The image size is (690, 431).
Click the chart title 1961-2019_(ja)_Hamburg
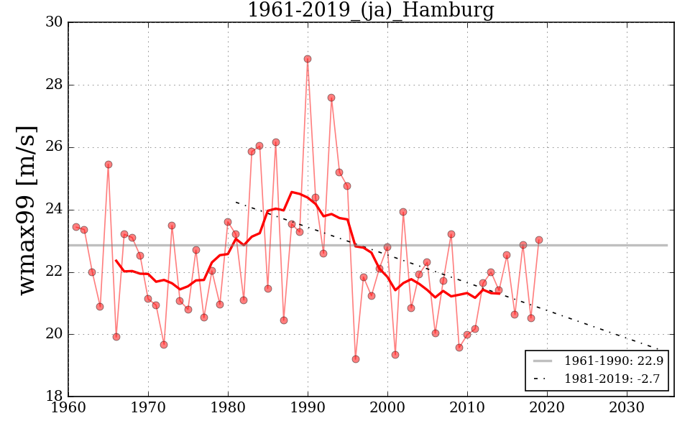(370, 10)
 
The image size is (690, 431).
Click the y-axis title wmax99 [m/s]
(27, 209)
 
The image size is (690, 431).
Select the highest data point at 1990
(308, 59)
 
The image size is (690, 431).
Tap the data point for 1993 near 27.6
(331, 98)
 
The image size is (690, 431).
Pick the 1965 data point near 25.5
(109, 164)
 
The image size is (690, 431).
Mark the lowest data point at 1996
(355, 359)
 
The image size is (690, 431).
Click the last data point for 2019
(538, 240)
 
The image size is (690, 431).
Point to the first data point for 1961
(76, 227)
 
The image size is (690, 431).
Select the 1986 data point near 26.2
(276, 142)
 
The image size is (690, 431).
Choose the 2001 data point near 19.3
(395, 355)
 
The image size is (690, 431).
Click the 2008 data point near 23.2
(451, 234)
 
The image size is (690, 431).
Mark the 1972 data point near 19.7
(164, 345)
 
